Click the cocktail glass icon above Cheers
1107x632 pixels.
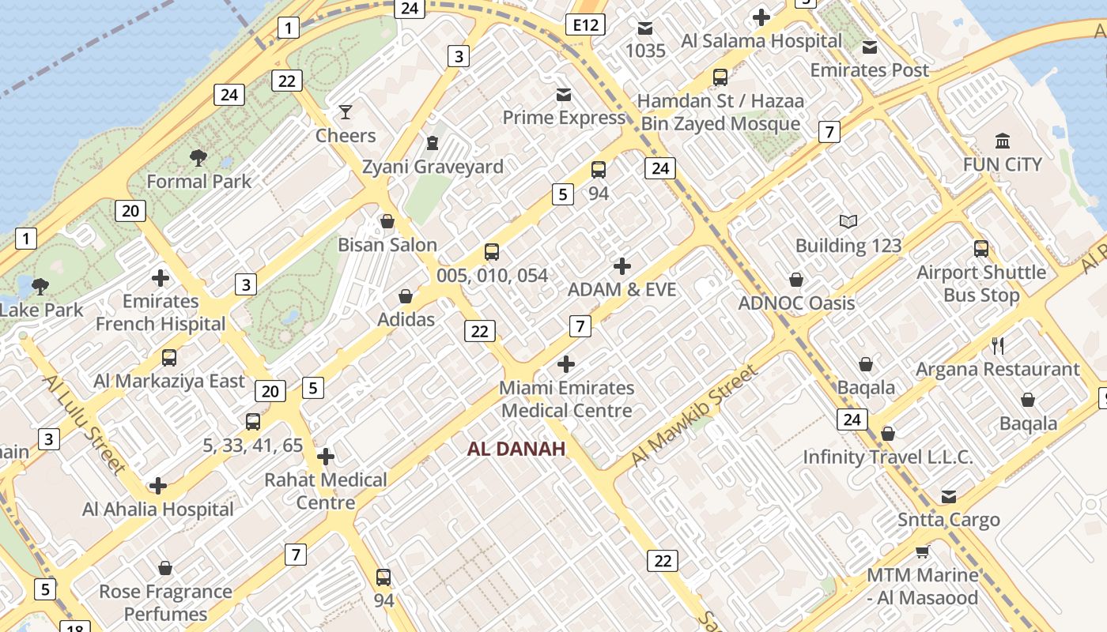pyautogui.click(x=346, y=112)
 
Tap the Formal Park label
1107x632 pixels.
pyautogui.click(x=198, y=181)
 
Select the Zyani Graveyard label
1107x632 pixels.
pyautogui.click(x=433, y=167)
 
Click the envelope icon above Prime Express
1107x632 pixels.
pyautogui.click(x=564, y=95)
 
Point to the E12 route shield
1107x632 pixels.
pyautogui.click(x=585, y=25)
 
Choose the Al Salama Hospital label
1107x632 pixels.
pyautogui.click(x=761, y=41)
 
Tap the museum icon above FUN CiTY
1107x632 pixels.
pyautogui.click(x=1003, y=141)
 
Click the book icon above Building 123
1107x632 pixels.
pyautogui.click(x=848, y=222)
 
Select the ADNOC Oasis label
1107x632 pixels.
pyautogui.click(x=796, y=303)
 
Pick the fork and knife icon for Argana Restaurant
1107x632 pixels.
pyautogui.click(x=998, y=345)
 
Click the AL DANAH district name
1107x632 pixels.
pyautogui.click(x=516, y=450)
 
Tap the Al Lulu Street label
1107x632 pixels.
pyautogui.click(x=84, y=423)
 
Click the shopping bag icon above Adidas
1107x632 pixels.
pyautogui.click(x=406, y=296)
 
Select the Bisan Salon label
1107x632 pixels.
pyautogui.click(x=387, y=245)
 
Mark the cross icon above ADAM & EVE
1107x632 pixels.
pyautogui.click(x=622, y=266)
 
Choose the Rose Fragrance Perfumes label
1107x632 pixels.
pyautogui.click(x=165, y=602)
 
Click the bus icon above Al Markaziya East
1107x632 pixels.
pyautogui.click(x=169, y=358)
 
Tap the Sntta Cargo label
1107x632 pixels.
pyautogui.click(x=948, y=520)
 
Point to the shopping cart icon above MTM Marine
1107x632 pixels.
pyautogui.click(x=922, y=551)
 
